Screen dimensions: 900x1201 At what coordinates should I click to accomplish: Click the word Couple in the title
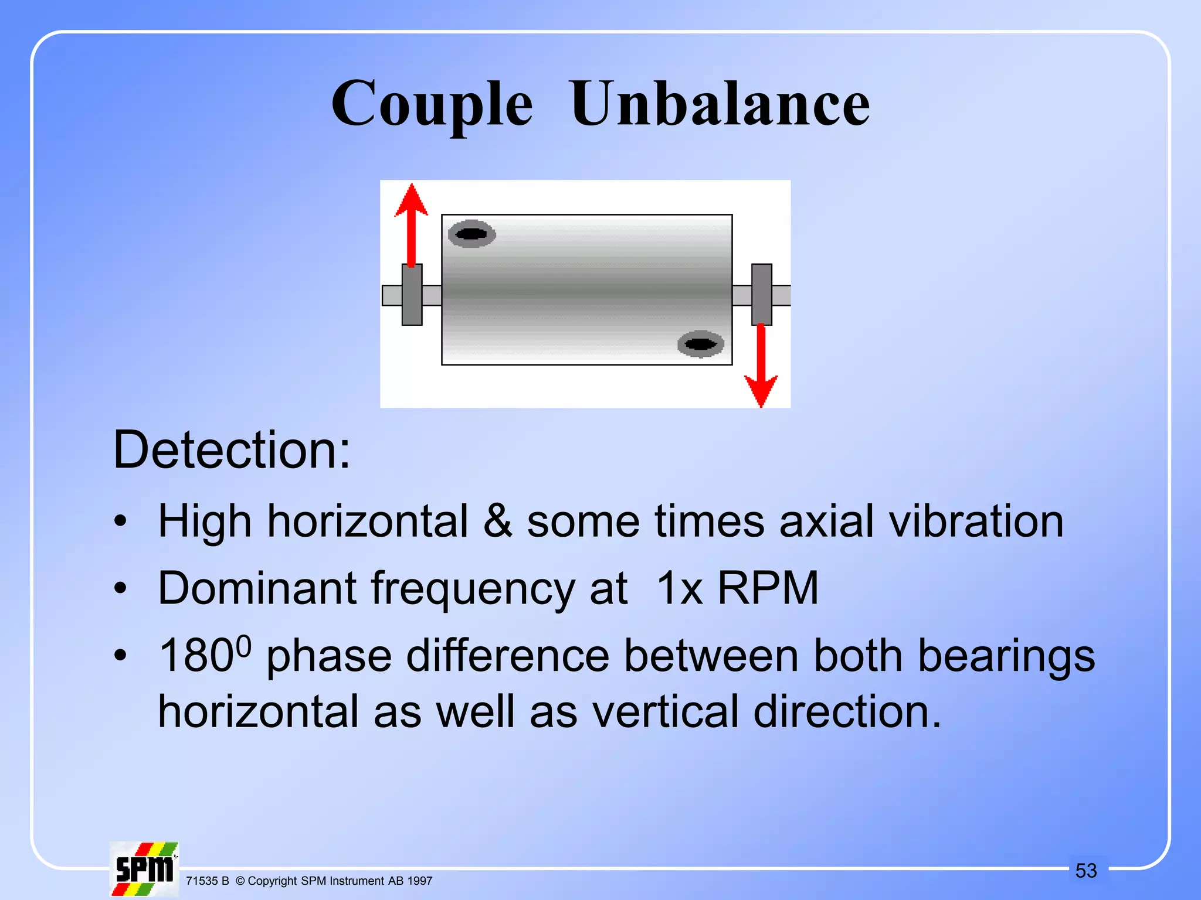432,104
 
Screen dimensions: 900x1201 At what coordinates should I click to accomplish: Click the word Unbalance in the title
720,104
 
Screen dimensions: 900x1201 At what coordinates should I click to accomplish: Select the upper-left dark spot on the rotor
471,234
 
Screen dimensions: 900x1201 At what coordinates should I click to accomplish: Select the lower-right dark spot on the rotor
700,344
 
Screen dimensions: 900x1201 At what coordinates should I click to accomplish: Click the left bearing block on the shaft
412,294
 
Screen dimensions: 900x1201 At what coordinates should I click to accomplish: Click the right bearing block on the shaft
761,294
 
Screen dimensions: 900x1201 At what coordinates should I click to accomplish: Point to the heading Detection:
232,449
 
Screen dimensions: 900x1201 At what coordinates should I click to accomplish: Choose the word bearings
1006,656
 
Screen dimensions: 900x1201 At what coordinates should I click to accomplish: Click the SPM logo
144,870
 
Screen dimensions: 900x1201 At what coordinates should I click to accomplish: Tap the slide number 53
1086,871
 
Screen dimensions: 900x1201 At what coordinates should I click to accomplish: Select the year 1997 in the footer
420,881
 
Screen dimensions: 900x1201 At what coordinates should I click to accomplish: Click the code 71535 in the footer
201,881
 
